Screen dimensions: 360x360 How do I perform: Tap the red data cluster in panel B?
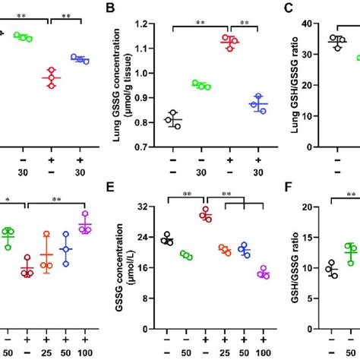click(x=229, y=43)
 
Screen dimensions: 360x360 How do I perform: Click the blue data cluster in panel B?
click(x=260, y=105)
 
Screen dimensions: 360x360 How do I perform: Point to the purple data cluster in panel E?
click(x=264, y=272)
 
